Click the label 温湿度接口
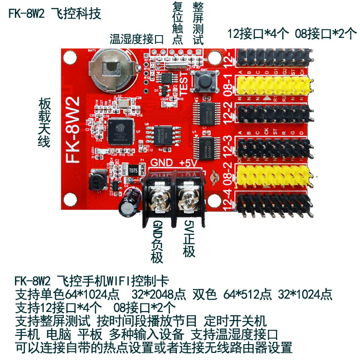click(137, 39)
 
